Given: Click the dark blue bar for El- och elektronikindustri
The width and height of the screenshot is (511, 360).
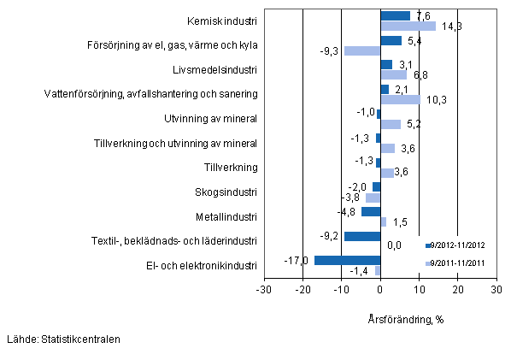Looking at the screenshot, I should tap(347, 260).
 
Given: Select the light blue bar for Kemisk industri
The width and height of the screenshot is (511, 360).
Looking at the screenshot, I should tap(408, 26).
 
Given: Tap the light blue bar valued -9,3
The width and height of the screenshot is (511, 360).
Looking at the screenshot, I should tap(361, 50).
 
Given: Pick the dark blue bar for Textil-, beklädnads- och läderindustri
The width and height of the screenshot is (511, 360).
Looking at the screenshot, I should tap(362, 236).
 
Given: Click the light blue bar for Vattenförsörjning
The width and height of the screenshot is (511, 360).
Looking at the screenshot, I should tap(400, 99).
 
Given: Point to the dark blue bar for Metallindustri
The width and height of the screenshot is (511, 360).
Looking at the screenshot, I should tap(371, 211).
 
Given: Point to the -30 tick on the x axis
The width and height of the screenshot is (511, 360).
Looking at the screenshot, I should tap(264, 289).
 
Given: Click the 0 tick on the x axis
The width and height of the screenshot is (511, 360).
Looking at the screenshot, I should tap(380, 289).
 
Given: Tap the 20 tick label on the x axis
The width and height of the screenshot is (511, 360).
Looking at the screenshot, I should tap(457, 289).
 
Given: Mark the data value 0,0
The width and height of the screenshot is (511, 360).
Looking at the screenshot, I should tap(394, 246).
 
